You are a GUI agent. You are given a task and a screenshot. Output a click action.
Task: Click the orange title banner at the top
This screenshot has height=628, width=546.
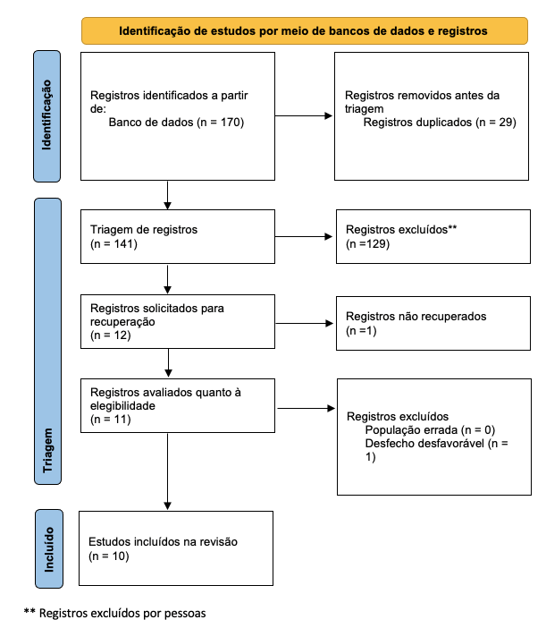tap(305, 30)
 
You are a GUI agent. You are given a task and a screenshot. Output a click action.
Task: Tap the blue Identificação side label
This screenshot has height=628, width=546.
tap(46, 116)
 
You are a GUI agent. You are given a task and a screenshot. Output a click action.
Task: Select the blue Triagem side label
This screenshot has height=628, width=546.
tap(47, 341)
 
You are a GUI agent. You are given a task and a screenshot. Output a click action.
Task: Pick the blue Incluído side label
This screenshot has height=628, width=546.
tap(49, 548)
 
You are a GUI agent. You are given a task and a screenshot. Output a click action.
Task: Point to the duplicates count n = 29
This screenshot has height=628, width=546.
tap(496, 123)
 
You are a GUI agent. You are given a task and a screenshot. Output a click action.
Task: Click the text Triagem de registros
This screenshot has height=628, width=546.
tap(144, 230)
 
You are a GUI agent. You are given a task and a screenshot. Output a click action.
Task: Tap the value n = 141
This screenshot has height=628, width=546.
tap(113, 244)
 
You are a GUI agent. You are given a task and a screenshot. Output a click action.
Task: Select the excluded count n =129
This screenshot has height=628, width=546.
tap(367, 244)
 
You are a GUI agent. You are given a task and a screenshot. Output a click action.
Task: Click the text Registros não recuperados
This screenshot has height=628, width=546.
tap(416, 317)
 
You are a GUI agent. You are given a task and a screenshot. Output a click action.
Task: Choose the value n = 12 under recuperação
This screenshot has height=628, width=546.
tap(111, 335)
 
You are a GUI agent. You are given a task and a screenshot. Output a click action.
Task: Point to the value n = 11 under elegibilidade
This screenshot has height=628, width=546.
tap(111, 420)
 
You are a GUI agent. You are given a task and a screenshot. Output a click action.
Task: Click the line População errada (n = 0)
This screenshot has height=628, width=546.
tap(430, 430)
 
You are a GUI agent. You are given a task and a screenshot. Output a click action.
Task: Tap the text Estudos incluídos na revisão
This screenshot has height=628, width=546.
tap(163, 542)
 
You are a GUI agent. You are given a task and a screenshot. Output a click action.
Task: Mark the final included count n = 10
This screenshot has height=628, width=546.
tap(109, 556)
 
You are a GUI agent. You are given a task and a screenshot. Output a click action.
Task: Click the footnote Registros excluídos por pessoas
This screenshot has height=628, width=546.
tap(122, 613)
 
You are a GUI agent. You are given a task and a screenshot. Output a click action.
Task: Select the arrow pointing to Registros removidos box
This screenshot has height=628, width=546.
tap(304, 115)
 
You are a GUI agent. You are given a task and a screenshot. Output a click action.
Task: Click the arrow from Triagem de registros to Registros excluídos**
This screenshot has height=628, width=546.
tap(304, 237)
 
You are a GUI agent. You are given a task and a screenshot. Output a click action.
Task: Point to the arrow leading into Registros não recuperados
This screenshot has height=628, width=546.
tap(305, 323)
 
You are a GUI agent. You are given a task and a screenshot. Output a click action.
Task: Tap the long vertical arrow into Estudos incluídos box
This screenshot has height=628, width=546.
tap(168, 471)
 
